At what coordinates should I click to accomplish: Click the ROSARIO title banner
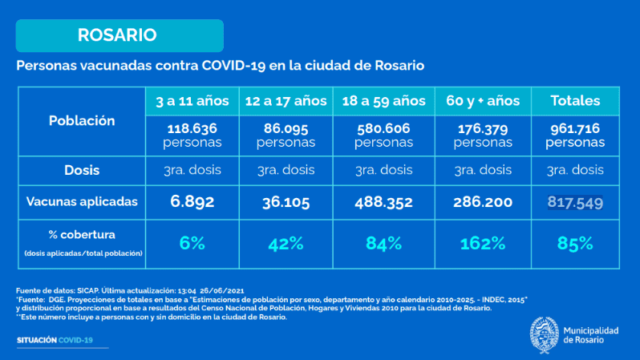(x=118, y=35)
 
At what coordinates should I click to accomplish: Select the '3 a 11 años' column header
(x=192, y=101)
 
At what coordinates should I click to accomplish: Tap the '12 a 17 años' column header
(x=286, y=101)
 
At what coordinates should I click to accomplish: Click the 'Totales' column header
(x=575, y=101)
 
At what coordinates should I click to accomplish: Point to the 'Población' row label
(x=82, y=121)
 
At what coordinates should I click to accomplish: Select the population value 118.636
(x=192, y=128)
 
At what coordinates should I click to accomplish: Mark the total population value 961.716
(x=575, y=128)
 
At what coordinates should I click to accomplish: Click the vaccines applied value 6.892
(x=192, y=202)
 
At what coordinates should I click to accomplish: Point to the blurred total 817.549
(x=575, y=202)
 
